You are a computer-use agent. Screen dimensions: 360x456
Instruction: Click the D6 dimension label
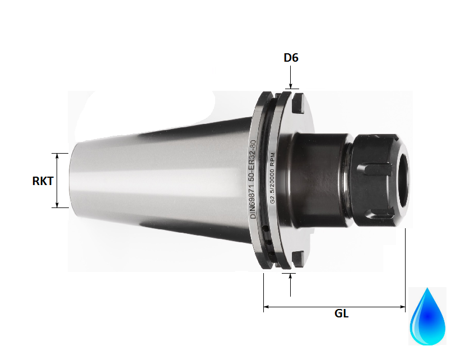coord(291,58)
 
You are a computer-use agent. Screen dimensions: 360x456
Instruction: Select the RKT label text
coord(43,181)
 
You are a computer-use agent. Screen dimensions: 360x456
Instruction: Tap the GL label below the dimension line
coord(342,314)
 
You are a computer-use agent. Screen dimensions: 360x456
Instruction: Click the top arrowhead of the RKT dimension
coord(57,155)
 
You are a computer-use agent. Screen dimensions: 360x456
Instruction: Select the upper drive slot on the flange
coord(297,103)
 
